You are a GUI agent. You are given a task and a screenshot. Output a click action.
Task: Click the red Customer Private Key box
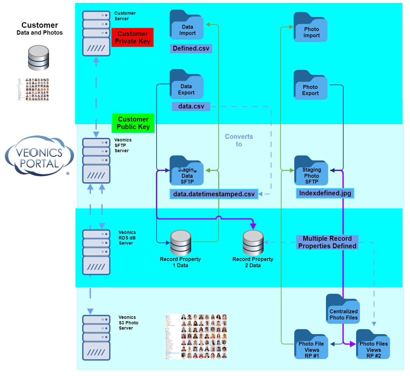coord(132,38)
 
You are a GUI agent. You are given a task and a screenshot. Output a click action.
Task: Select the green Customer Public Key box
coord(133,123)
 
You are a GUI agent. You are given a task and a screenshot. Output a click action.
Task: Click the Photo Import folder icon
coord(310,28)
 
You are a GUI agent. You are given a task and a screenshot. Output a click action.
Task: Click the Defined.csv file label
coord(191,49)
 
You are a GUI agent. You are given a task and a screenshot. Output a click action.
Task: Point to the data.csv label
coord(191,106)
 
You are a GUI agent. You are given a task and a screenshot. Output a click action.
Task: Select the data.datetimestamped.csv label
coord(214,194)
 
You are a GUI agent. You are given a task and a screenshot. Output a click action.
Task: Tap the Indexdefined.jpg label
coord(325,193)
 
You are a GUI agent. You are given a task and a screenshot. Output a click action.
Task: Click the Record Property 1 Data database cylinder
coord(181,243)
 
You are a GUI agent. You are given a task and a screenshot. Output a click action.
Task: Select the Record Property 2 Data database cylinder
coord(253,243)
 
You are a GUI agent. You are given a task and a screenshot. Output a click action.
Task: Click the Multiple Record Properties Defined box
coord(327,242)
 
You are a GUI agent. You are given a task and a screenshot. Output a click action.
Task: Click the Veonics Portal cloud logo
coord(39,156)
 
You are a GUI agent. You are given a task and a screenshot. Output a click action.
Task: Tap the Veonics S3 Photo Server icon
coord(96,337)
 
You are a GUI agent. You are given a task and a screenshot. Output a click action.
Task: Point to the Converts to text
coord(239,140)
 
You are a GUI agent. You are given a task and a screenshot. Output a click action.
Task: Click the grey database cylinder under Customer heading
coord(39,58)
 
